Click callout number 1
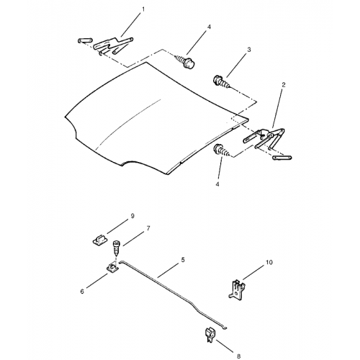pos(143,9)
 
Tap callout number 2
pos(284,85)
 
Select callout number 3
pos(249,50)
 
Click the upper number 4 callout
pos(209,27)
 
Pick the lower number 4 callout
pos(217,184)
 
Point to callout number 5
pos(183,260)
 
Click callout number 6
pos(82,292)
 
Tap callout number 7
pos(148,228)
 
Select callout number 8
pos(238,356)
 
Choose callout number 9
pos(132,216)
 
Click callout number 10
pos(269,262)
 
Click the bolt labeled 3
pos(221,81)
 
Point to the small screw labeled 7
pos(116,248)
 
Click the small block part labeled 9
pos(100,240)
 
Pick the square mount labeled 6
pos(112,268)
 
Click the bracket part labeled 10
pos(237,289)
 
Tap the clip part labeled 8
pos(210,334)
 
